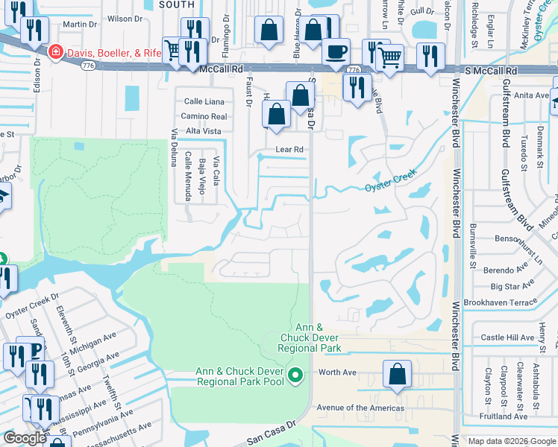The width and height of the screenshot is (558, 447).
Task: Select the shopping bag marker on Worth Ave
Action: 398,374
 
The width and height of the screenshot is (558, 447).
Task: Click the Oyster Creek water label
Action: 389,181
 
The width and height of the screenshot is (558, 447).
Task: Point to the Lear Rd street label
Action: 289,149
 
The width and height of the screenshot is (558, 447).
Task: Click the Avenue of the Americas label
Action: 360,408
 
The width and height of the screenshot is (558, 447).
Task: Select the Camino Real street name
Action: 204,116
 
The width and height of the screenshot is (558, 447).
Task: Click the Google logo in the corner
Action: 25,438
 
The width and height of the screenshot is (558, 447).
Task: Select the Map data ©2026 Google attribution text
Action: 511,441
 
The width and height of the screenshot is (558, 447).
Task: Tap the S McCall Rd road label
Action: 492,69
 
